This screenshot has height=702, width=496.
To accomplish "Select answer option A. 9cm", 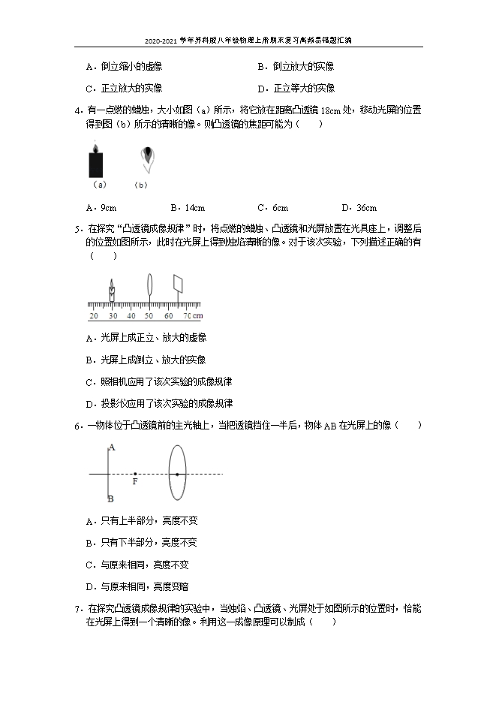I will pos(101,208).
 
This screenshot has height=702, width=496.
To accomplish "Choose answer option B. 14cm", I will pos(188,208).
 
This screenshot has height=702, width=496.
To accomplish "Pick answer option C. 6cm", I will pos(272,208).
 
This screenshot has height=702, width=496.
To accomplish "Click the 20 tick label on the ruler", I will pos(93,316).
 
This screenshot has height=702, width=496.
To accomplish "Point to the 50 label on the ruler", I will pos(149,316).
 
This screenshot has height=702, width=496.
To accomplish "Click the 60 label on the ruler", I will pos(168,316).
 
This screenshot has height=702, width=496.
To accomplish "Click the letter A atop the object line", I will pos(110,447).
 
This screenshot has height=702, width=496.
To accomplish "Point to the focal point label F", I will pos(134,481).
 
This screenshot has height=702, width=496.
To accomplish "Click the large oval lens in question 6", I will pos(177,473).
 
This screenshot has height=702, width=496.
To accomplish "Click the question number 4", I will pos(79,110).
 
